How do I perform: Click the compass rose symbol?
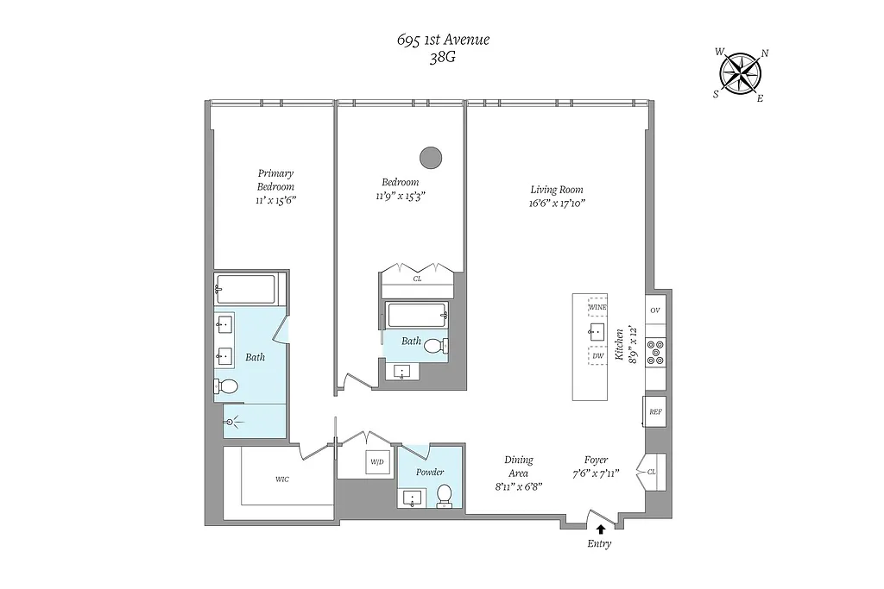point(741,73)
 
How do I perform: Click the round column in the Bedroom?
point(430,157)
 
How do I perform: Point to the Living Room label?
point(556,190)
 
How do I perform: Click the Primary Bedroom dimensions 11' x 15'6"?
point(275,200)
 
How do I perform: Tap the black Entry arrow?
point(601,529)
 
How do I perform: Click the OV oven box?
point(655,310)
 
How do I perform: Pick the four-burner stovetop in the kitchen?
point(655,353)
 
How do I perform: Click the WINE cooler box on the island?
point(597,307)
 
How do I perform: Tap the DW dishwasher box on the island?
point(597,354)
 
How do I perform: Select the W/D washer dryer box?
point(377,461)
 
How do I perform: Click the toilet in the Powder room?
point(445,496)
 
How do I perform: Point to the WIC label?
point(282,479)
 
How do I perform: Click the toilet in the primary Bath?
point(227,387)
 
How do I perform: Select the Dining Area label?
point(518,467)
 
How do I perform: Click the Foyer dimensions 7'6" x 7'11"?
point(596,474)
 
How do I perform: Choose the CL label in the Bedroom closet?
point(417,279)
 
